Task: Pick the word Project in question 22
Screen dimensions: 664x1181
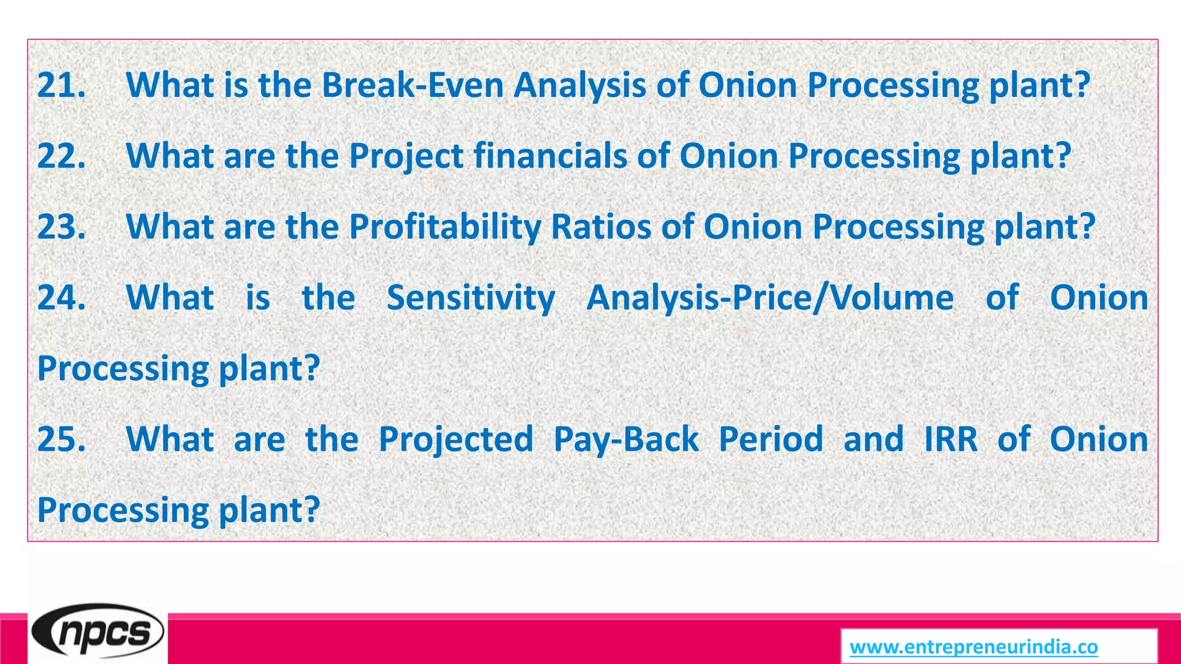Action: [x=406, y=156]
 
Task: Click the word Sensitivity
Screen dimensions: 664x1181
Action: [x=471, y=298]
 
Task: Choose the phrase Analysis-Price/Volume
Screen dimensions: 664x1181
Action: [x=769, y=298]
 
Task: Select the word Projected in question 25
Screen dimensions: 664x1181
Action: [x=456, y=440]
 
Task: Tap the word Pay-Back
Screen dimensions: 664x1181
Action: [x=626, y=440]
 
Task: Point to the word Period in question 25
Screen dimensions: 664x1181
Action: [x=771, y=440]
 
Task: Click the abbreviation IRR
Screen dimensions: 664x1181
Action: [x=950, y=440]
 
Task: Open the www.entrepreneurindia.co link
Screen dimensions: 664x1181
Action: [x=973, y=647]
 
